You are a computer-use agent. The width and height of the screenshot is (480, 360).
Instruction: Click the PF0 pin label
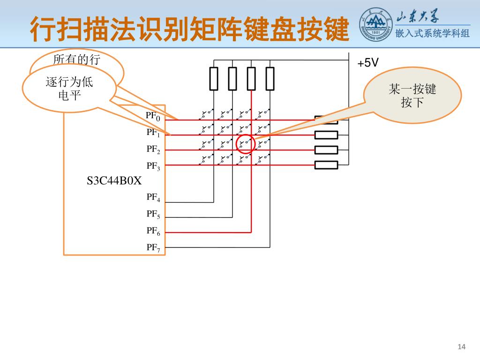pyautogui.click(x=153, y=116)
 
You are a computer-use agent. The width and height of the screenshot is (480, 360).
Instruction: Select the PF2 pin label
pyautogui.click(x=153, y=150)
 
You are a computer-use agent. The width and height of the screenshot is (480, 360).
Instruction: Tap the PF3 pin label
pyautogui.click(x=153, y=166)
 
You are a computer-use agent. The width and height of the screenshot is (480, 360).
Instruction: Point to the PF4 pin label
pyautogui.click(x=153, y=197)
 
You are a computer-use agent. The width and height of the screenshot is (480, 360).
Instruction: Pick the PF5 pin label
pyautogui.click(x=153, y=214)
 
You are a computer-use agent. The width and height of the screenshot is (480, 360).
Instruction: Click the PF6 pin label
pyautogui.click(x=153, y=231)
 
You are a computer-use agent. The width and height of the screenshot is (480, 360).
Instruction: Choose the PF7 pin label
pyautogui.click(x=153, y=247)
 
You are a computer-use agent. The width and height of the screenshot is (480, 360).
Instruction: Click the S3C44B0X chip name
pyautogui.click(x=114, y=181)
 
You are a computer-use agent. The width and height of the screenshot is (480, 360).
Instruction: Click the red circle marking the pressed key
pyautogui.click(x=245, y=143)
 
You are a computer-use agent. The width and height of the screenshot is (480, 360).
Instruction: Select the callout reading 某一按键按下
pyautogui.click(x=412, y=96)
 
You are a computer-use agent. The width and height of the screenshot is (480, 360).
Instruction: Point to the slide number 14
pyautogui.click(x=461, y=346)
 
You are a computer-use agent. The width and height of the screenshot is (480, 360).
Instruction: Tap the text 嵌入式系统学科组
pyautogui.click(x=432, y=33)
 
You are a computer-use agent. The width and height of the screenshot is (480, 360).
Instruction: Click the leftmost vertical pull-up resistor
pyautogui.click(x=214, y=78)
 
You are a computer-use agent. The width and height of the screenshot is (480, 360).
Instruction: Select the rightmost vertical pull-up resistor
pyautogui.click(x=270, y=78)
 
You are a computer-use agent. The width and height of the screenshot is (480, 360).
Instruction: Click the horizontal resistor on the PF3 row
pyautogui.click(x=326, y=165)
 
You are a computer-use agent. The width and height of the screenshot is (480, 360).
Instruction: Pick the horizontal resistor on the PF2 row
pyautogui.click(x=326, y=150)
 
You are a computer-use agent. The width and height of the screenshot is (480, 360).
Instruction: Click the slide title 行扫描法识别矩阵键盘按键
pyautogui.click(x=190, y=29)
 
